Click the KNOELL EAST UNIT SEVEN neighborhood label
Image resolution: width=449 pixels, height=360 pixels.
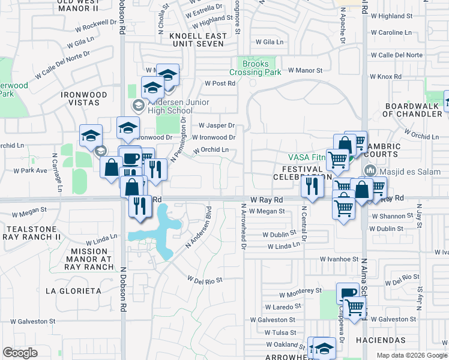click(x=199, y=40)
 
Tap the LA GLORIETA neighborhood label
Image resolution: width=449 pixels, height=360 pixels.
click(x=73, y=291)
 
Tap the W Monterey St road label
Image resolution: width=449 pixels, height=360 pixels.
click(x=301, y=292)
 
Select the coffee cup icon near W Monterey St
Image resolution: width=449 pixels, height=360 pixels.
click(x=347, y=293)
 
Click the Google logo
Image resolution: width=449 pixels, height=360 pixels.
click(x=20, y=352)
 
